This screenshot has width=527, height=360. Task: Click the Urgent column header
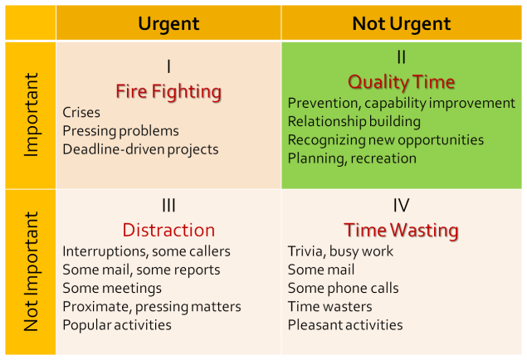168,22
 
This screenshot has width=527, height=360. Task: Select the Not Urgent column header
402,22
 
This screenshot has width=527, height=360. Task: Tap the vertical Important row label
31,114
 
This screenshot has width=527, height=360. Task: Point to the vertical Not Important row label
31,271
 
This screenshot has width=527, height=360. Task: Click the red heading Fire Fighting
168,90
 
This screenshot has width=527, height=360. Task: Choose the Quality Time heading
402,81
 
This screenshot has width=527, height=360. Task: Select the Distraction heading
168,230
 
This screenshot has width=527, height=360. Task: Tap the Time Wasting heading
402,230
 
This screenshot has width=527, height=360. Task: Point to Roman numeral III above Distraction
168,205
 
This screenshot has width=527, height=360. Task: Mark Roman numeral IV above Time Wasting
402,205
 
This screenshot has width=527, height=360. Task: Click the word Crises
81,112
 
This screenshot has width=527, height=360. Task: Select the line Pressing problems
120,130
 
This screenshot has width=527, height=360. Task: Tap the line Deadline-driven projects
140,149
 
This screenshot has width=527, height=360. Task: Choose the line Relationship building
354,121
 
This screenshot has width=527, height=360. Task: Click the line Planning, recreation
352,158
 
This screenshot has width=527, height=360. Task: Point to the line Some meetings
112,288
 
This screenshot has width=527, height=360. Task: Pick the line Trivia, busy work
340,251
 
